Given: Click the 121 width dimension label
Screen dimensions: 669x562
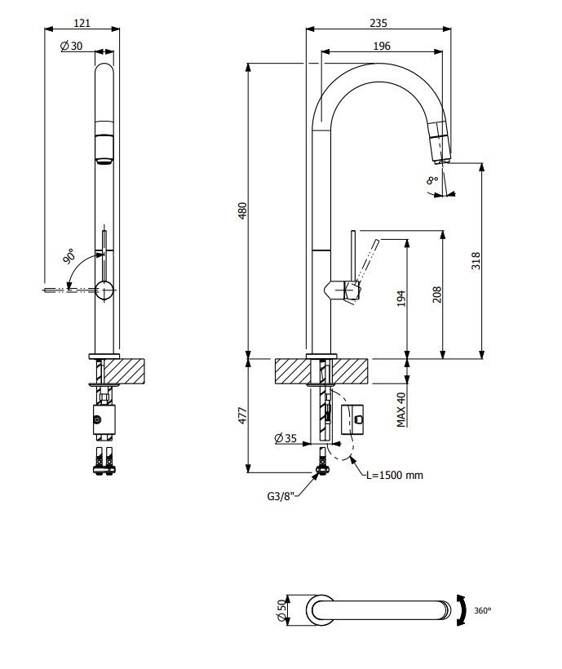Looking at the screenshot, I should pos(81,22).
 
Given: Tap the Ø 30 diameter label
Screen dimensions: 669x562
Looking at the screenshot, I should pos(72,47).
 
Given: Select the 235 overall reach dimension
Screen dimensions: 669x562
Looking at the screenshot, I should pos(378,22).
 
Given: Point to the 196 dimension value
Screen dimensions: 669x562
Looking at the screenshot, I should pos(382,47).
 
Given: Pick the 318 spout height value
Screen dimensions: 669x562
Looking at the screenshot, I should pos(476,259).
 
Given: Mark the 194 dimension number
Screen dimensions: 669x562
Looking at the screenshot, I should pos(401,299).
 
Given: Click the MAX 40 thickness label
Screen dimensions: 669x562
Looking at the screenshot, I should pos(401,409).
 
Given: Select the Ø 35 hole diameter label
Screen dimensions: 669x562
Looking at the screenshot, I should pos(285,438).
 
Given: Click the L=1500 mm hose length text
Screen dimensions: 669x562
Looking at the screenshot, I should pos(395,475).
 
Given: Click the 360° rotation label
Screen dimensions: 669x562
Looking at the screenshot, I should pos(482,610).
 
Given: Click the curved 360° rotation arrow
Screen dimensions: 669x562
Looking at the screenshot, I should pos(462,610).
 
